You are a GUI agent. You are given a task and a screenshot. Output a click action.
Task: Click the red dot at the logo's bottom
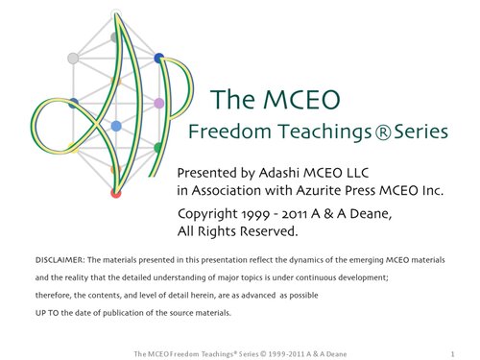116,193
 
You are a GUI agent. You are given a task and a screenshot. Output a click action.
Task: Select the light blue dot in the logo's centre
116,127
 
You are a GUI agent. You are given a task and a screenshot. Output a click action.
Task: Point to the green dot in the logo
157,148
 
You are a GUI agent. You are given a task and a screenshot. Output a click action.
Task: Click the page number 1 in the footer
451,351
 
